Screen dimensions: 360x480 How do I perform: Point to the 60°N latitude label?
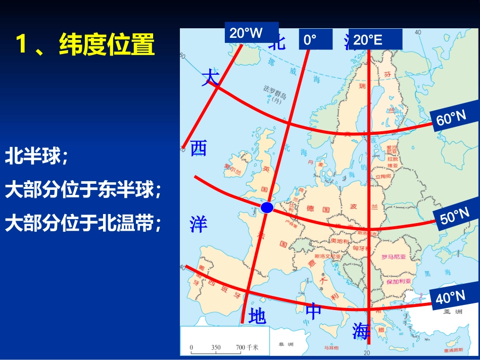[x=451, y=119]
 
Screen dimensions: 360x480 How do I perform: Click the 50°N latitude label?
[x=455, y=218]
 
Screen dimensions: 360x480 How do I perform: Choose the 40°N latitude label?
[x=450, y=297]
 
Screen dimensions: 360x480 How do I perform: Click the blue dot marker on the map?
[x=267, y=207]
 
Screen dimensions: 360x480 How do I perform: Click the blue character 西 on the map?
[x=199, y=148]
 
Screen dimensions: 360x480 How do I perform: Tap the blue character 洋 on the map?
[x=199, y=224]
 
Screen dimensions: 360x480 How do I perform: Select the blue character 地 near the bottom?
[x=257, y=317]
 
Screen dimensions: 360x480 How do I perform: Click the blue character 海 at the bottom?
[x=361, y=331]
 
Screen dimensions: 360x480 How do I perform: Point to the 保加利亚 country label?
[x=399, y=281]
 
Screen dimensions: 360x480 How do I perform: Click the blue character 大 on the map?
[x=210, y=78]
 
